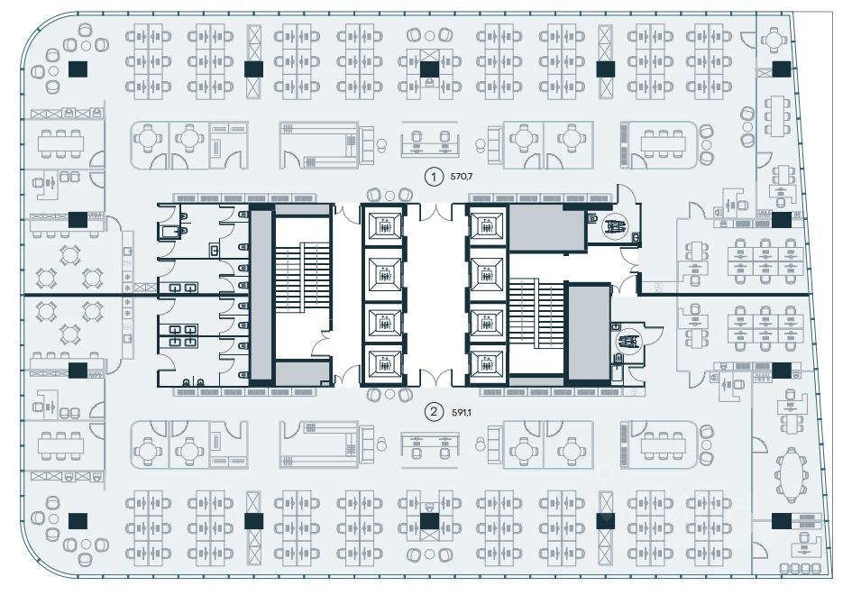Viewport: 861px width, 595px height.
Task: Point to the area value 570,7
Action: click(x=463, y=177)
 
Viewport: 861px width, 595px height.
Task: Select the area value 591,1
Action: click(x=463, y=413)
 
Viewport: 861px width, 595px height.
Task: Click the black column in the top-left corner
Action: click(x=78, y=69)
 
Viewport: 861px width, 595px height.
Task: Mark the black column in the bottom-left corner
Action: click(x=78, y=519)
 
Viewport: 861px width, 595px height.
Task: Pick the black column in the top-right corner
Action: click(x=781, y=69)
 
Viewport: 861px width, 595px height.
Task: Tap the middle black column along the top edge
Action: click(x=429, y=69)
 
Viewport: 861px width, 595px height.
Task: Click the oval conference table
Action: click(x=791, y=474)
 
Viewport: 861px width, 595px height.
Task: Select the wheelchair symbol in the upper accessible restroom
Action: click(x=618, y=227)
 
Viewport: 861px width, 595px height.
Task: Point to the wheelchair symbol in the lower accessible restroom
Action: click(x=628, y=342)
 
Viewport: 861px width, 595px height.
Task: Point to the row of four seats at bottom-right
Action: click(x=801, y=568)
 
